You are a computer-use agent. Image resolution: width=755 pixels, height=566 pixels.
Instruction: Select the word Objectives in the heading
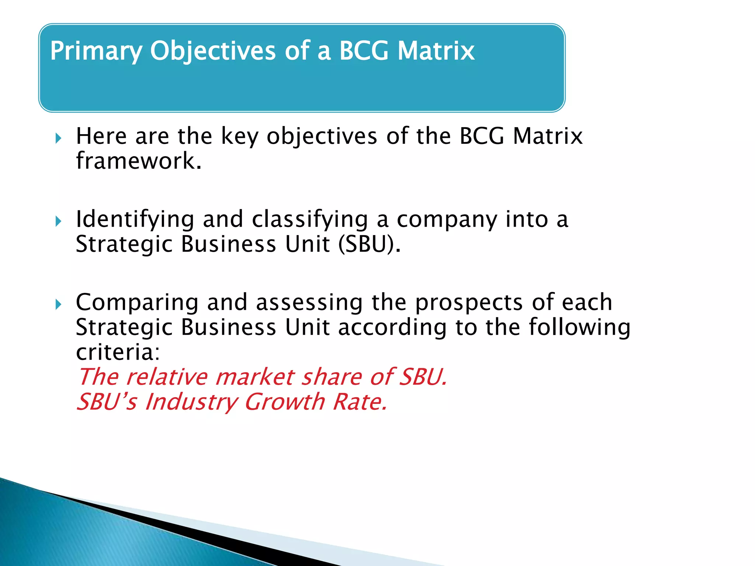pyautogui.click(x=212, y=51)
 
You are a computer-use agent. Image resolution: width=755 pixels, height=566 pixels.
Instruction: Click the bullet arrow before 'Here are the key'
pyautogui.click(x=58, y=139)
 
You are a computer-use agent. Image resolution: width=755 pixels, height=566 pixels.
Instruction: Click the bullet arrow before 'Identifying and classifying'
pyautogui.click(x=58, y=222)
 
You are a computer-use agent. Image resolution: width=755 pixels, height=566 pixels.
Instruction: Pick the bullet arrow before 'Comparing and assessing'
pyautogui.click(x=58, y=305)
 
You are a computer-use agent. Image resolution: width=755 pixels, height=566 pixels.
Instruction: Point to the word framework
pyautogui.click(x=139, y=161)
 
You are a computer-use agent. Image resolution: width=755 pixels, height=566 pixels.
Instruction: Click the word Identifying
pyautogui.click(x=135, y=220)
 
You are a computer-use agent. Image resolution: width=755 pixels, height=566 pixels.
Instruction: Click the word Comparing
pyautogui.click(x=137, y=303)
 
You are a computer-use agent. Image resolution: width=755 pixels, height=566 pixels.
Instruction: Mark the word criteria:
pyautogui.click(x=118, y=352)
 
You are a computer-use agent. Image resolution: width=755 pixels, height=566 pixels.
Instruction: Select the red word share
pyautogui.click(x=331, y=377)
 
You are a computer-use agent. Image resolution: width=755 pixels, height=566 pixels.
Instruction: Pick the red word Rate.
pyautogui.click(x=360, y=402)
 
